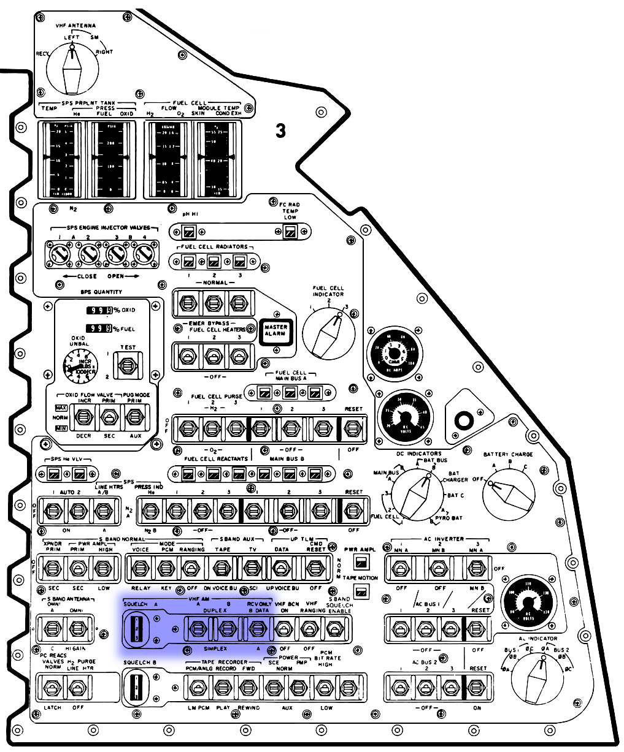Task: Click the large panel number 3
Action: point(280,131)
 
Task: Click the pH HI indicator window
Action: point(190,232)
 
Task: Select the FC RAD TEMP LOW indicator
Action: point(290,232)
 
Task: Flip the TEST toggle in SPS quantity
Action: point(128,366)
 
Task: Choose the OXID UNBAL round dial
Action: point(82,368)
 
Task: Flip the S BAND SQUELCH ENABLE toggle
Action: point(334,629)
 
